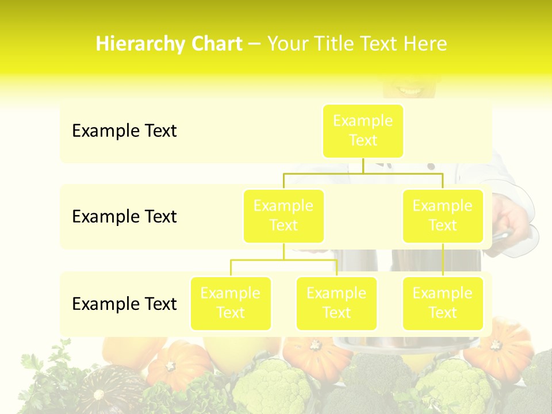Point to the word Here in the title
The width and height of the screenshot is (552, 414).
(x=426, y=44)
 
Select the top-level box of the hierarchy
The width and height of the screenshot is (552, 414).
(x=363, y=131)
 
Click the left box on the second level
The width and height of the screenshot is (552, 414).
(x=283, y=216)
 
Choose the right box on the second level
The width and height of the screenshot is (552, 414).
(x=443, y=216)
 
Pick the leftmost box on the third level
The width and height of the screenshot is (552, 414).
(x=231, y=303)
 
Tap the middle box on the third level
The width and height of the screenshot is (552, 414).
(x=336, y=303)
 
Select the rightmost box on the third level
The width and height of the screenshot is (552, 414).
(x=443, y=303)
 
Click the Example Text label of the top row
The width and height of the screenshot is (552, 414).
(x=124, y=131)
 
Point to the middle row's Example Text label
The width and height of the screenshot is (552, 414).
(x=124, y=217)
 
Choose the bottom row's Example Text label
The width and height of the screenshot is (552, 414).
(x=124, y=304)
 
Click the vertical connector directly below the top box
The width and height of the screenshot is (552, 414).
(x=363, y=165)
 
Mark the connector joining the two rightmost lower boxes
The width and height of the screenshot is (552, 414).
(x=443, y=260)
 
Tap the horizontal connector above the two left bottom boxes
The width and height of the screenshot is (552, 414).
(x=283, y=260)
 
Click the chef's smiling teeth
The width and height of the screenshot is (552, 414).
(x=409, y=91)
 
